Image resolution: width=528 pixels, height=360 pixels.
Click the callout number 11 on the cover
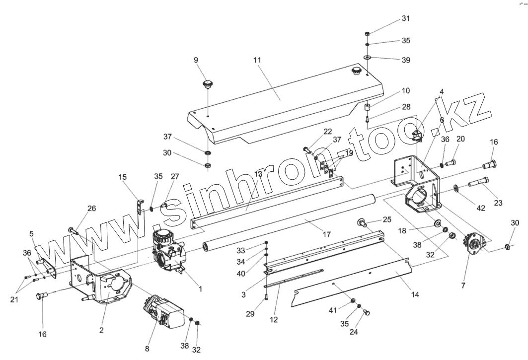click(257, 60)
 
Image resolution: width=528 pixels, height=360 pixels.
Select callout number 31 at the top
click(406, 19)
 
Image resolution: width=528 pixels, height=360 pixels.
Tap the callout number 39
click(406, 60)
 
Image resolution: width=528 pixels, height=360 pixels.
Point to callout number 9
click(196, 60)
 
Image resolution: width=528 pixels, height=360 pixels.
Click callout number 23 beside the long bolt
click(498, 203)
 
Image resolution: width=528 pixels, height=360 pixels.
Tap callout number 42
click(481, 208)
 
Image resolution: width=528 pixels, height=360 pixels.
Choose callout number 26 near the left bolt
click(92, 209)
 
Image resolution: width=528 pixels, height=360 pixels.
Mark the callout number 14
click(415, 294)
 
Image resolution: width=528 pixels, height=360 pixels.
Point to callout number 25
click(387, 219)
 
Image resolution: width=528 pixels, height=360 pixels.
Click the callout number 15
click(123, 177)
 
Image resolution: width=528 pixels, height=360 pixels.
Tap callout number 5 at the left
click(32, 233)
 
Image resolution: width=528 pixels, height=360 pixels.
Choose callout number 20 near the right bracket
click(460, 139)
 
